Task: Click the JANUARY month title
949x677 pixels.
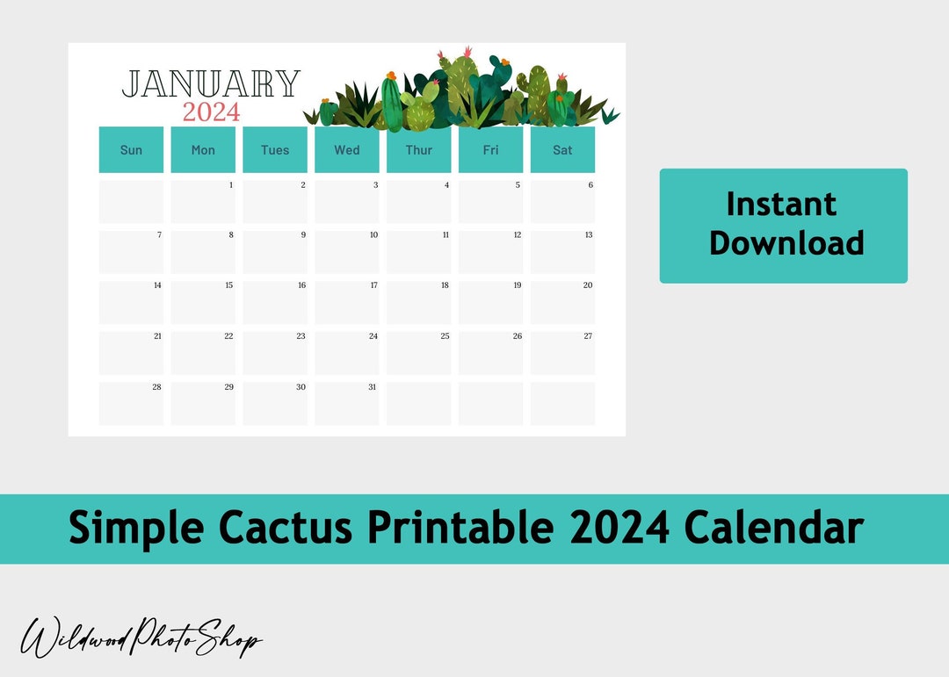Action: pos(211,84)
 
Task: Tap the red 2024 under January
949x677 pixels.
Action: pos(211,112)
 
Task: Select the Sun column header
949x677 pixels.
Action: pos(131,150)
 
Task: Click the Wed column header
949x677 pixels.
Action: pos(347,150)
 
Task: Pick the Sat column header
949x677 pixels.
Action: pos(562,150)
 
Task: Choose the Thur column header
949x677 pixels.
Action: pos(419,150)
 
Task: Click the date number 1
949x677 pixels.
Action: pos(231,185)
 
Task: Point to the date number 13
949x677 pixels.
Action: pos(589,235)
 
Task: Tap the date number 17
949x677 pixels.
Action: pos(373,285)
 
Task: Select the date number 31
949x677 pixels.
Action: pos(373,387)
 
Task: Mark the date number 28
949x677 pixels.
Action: pos(156,387)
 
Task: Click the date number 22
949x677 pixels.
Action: pos(228,336)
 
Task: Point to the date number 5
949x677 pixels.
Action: pos(518,185)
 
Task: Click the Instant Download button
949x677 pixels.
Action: pos(783,226)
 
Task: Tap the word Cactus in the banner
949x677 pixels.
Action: pos(286,529)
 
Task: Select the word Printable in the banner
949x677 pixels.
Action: pos(460,529)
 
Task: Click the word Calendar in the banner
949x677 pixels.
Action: pos(773,529)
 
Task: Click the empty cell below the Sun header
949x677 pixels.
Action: pos(131,202)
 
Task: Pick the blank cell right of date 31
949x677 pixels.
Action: pos(419,404)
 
